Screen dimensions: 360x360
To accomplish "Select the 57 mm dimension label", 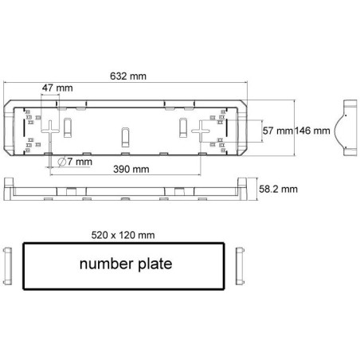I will pyautogui.click(x=276, y=130).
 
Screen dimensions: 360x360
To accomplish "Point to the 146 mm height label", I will pyautogui.click(x=311, y=130).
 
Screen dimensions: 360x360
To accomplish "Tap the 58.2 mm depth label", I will pyautogui.click(x=280, y=189).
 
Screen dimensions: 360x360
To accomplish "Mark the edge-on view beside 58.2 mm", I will pyautogui.click(x=127, y=189).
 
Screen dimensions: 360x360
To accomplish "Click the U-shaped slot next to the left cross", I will pyautogui.click(x=69, y=125).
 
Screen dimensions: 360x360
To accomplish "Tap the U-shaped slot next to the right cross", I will pyautogui.click(x=182, y=125).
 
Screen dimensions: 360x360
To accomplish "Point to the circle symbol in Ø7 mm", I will pyautogui.click(x=62, y=162).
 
